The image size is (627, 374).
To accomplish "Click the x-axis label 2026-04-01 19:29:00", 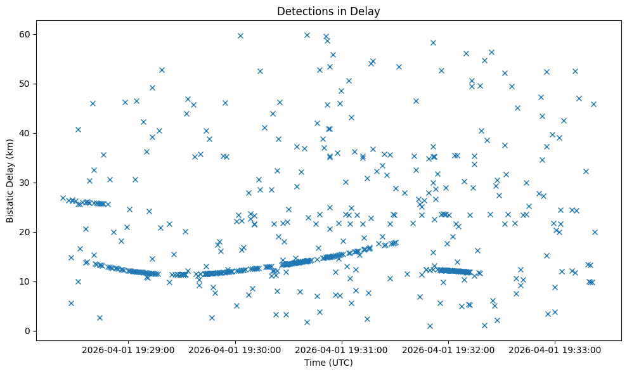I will (129, 350).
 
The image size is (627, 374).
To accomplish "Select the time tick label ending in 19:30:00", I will (235, 350).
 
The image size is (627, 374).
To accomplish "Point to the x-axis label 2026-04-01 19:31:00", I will (342, 350).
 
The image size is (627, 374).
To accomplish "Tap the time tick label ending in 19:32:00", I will (449, 350).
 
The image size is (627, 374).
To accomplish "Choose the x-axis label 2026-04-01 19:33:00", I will (555, 350).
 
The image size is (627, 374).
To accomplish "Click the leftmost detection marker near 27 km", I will (63, 198).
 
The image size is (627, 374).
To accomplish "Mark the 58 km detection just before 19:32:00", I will (433, 42).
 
